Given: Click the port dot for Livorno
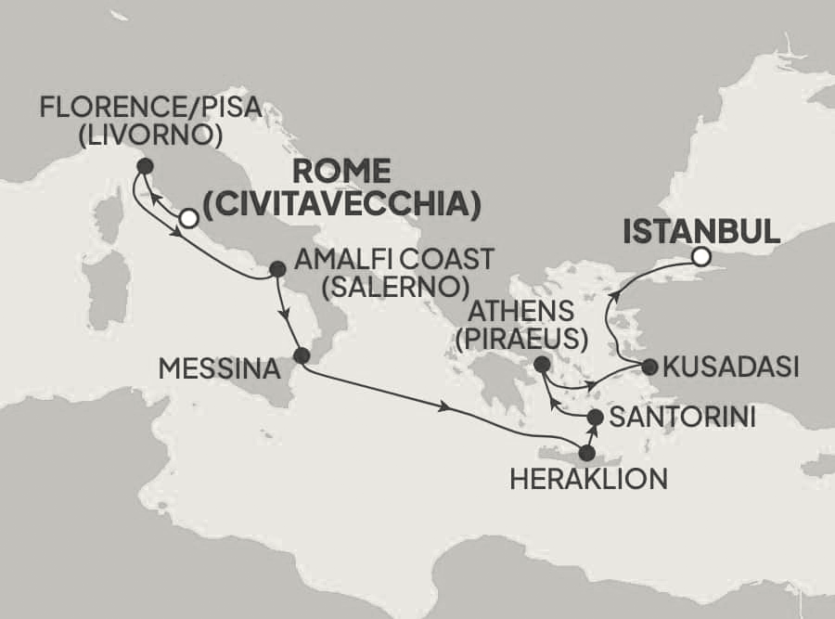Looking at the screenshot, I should (144, 166).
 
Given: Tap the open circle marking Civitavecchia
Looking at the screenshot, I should (188, 219).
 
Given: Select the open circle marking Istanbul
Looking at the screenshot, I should (701, 256).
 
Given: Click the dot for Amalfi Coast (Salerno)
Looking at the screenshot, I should (276, 269).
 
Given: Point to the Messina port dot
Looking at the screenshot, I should (301, 355).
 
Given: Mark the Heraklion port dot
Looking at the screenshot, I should (586, 453).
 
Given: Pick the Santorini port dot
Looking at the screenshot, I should (596, 419).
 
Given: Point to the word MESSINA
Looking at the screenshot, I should (219, 369).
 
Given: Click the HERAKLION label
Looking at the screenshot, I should (587, 479).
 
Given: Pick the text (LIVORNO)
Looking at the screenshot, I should (149, 136).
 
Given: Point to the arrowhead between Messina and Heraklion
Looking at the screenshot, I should (447, 406).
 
